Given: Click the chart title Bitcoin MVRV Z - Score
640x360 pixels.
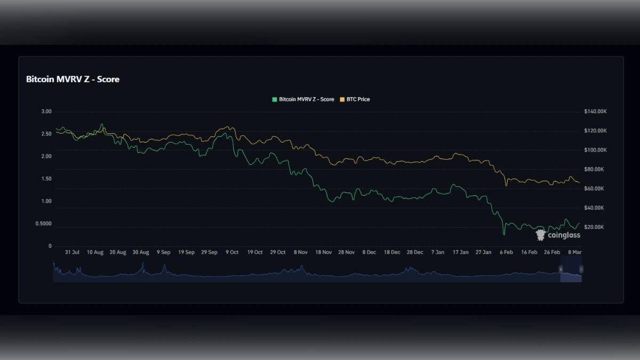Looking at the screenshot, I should (73, 79).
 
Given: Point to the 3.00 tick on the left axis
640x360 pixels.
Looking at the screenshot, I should (46, 111).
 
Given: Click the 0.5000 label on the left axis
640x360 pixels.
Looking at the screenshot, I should (43, 223).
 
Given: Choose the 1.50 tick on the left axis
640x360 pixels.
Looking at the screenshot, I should (46, 179).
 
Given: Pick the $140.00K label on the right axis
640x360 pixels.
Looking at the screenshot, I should (595, 111).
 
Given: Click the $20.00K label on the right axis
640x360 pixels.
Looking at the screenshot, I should (594, 227).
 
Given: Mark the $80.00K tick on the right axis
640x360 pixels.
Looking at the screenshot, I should (594, 169).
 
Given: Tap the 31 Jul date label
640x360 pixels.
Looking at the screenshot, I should (72, 252).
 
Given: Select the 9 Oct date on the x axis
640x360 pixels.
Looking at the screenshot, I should (232, 252).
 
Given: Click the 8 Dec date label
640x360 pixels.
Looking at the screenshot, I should (369, 252).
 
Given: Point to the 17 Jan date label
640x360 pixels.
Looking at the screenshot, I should (461, 252).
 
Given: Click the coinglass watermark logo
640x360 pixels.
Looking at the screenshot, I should (558, 235).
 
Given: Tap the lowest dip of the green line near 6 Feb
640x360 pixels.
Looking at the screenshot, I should (504, 234).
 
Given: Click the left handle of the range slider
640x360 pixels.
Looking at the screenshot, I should (561, 269).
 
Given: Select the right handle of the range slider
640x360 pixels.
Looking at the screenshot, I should (581, 269).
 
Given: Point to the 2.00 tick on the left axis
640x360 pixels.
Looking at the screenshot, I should (46, 156).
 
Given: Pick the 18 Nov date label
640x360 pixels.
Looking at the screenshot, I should (323, 252).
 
